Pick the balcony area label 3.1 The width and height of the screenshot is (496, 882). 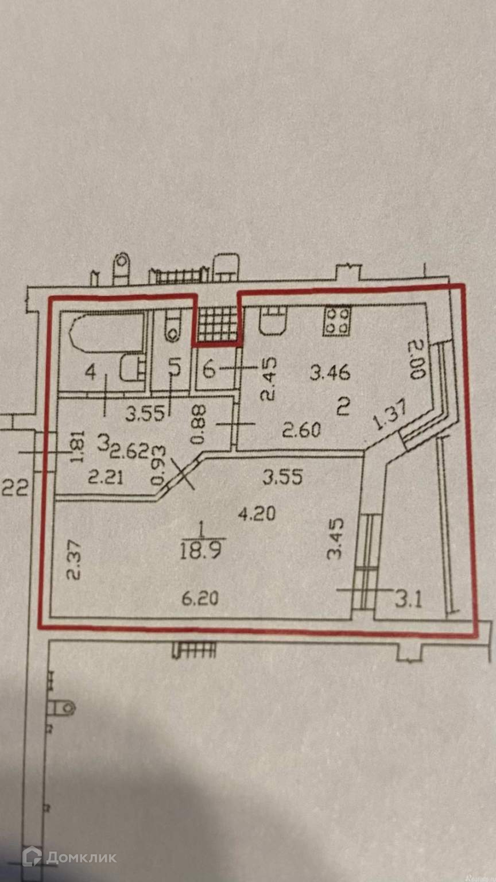[408, 601]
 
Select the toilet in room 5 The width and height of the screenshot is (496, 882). [172, 327]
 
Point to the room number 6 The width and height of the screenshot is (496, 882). [210, 370]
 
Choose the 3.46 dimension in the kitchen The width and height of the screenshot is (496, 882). [330, 374]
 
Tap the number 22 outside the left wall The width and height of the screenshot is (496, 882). [15, 488]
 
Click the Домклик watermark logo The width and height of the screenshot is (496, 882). [69, 857]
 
